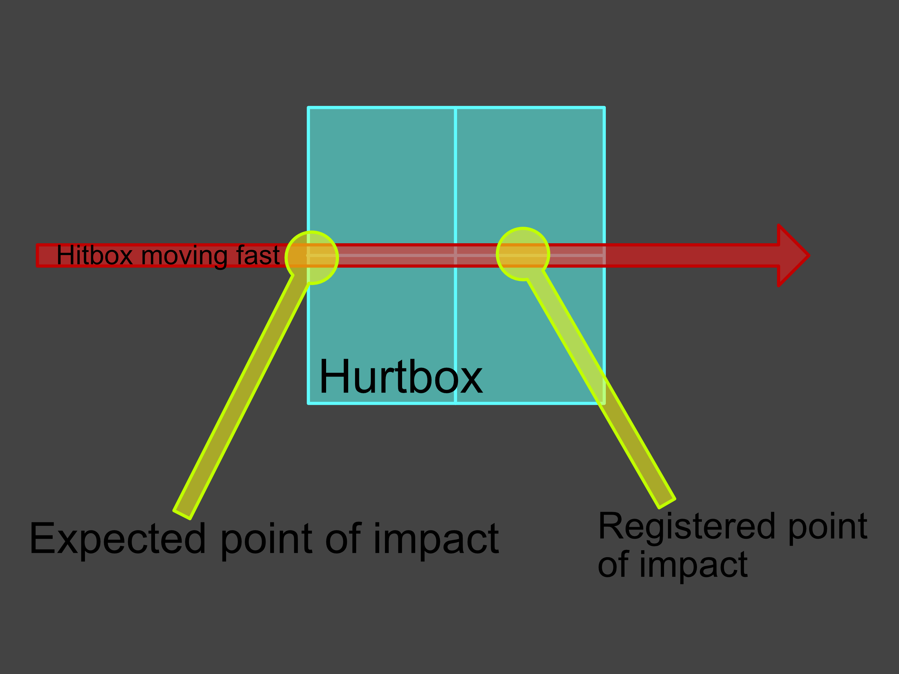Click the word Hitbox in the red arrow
click(94, 255)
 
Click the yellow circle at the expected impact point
click(312, 257)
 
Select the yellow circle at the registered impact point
click(523, 254)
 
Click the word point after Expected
click(266, 539)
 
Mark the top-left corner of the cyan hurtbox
click(308, 108)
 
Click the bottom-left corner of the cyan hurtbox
click(308, 403)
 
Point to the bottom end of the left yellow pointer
click(182, 514)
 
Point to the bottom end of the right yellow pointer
click(667, 503)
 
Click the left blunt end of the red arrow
click(38, 255)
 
